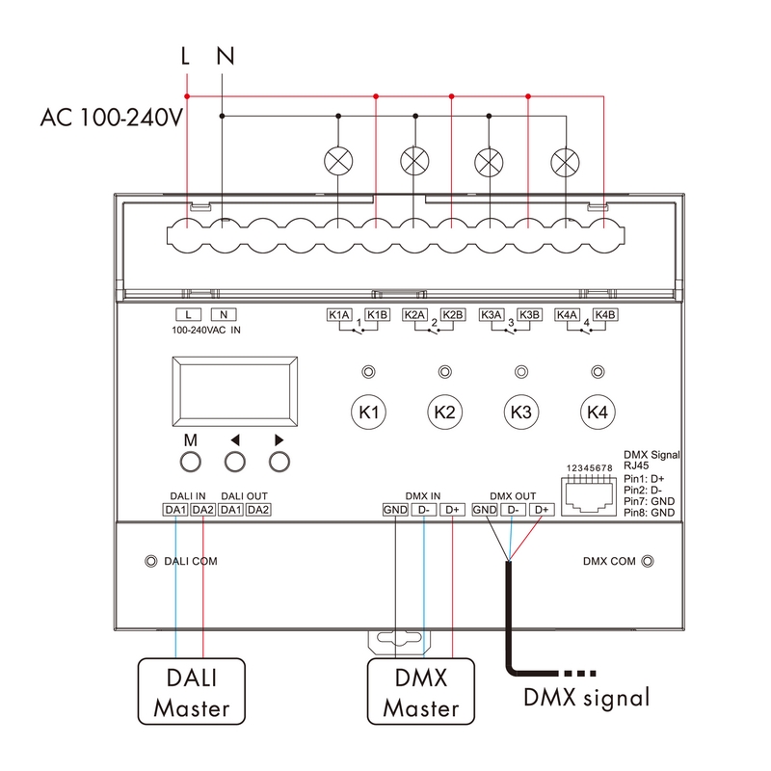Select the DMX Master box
(421, 691)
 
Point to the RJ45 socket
(591, 493)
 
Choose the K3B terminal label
(529, 314)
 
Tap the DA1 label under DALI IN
(174, 510)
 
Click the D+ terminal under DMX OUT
(543, 510)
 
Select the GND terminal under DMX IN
(395, 510)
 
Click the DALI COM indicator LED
(150, 561)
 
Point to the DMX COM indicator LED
(649, 561)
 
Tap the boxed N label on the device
(223, 314)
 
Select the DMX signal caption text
(587, 697)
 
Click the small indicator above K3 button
(521, 372)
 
